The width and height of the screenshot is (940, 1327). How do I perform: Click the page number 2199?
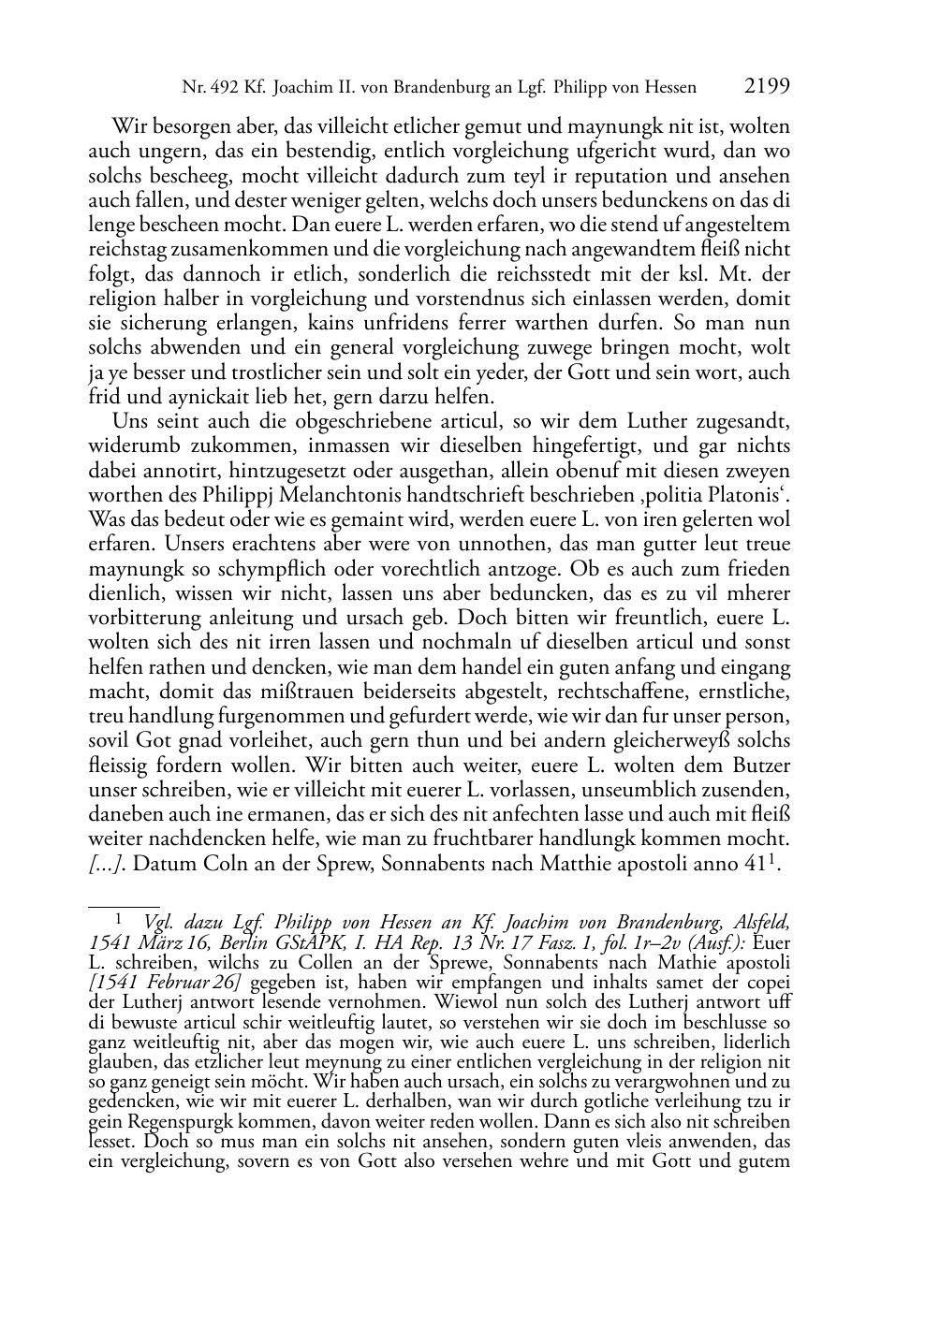(x=768, y=87)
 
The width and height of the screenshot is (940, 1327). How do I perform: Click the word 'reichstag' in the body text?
(x=124, y=250)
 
